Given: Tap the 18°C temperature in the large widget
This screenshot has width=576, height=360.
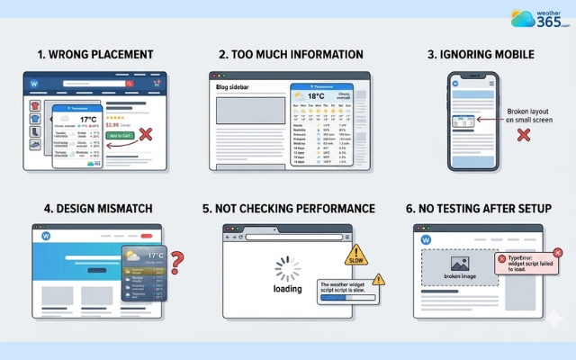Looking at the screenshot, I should (315, 95).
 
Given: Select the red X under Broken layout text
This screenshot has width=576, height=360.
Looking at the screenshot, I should (523, 136).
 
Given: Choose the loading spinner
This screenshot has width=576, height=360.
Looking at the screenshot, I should (287, 268).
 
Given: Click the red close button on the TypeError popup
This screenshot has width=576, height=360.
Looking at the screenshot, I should (501, 258).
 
